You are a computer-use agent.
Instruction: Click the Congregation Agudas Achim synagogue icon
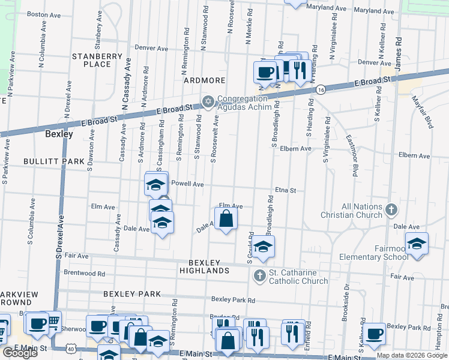tap(208, 100)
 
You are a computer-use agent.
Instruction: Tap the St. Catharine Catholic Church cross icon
tap(259, 276)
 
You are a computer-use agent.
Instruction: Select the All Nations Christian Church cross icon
tap(391, 210)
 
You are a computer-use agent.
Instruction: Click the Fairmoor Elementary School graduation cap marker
tap(416, 244)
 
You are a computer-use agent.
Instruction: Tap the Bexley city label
tap(59, 134)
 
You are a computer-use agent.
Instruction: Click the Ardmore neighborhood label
tap(205, 80)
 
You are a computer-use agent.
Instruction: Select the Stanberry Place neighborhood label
tap(97, 60)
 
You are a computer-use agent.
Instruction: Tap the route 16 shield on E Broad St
tap(321, 89)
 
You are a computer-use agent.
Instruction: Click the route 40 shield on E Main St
tap(71, 349)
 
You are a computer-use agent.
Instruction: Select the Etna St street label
tap(286, 190)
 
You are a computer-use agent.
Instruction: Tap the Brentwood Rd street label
tap(84, 272)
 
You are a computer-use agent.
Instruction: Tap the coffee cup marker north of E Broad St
tap(265, 73)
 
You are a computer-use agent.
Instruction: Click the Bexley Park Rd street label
tap(233, 300)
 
